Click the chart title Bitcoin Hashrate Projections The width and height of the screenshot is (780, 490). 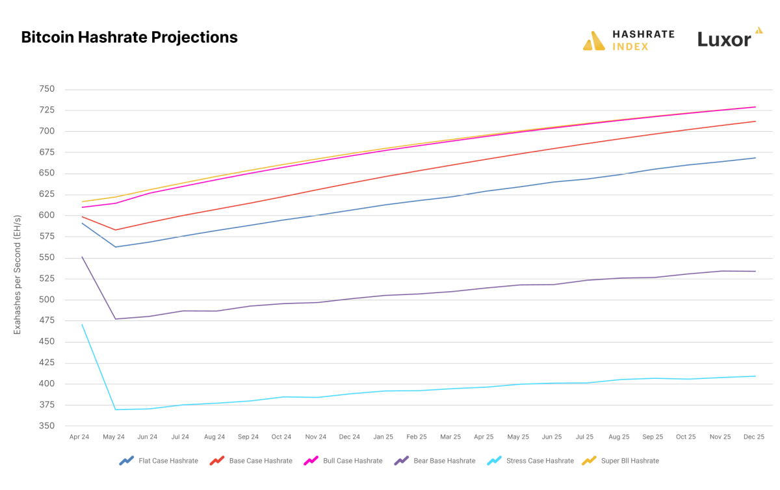point(129,38)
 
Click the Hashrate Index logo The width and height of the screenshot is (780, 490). point(629,40)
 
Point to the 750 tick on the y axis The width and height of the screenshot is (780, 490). point(47,90)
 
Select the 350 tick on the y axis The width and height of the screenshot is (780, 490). point(47,426)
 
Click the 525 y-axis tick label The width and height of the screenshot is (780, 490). point(47,279)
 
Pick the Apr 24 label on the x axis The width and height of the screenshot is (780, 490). point(80,437)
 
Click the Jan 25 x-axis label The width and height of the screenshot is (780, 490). point(383,437)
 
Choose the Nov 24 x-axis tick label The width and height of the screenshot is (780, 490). point(316,437)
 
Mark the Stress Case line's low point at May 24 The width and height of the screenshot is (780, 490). point(115,409)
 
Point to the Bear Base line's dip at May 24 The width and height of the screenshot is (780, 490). point(115,318)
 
